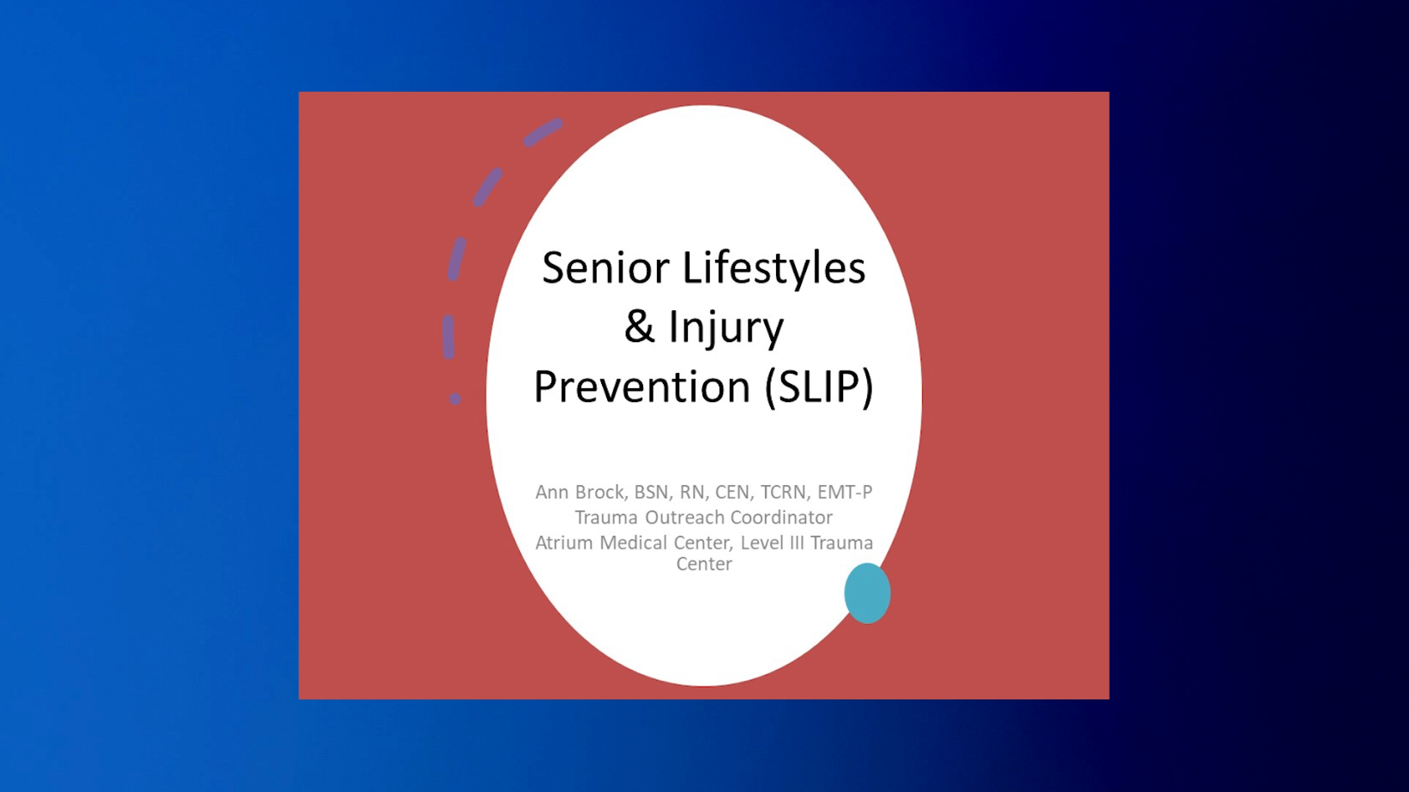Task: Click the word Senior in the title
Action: point(605,267)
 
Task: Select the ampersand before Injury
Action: point(639,327)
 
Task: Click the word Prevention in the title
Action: point(642,386)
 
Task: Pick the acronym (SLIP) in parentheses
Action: point(819,387)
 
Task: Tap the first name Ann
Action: point(552,492)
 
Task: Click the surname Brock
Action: point(602,492)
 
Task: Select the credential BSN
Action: point(651,492)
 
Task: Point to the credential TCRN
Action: point(783,492)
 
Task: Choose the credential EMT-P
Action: point(845,492)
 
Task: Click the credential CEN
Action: point(733,492)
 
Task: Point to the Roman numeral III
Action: point(797,543)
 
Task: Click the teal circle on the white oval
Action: point(867,593)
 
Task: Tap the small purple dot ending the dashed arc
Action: point(455,399)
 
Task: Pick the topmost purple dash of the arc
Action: point(543,133)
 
